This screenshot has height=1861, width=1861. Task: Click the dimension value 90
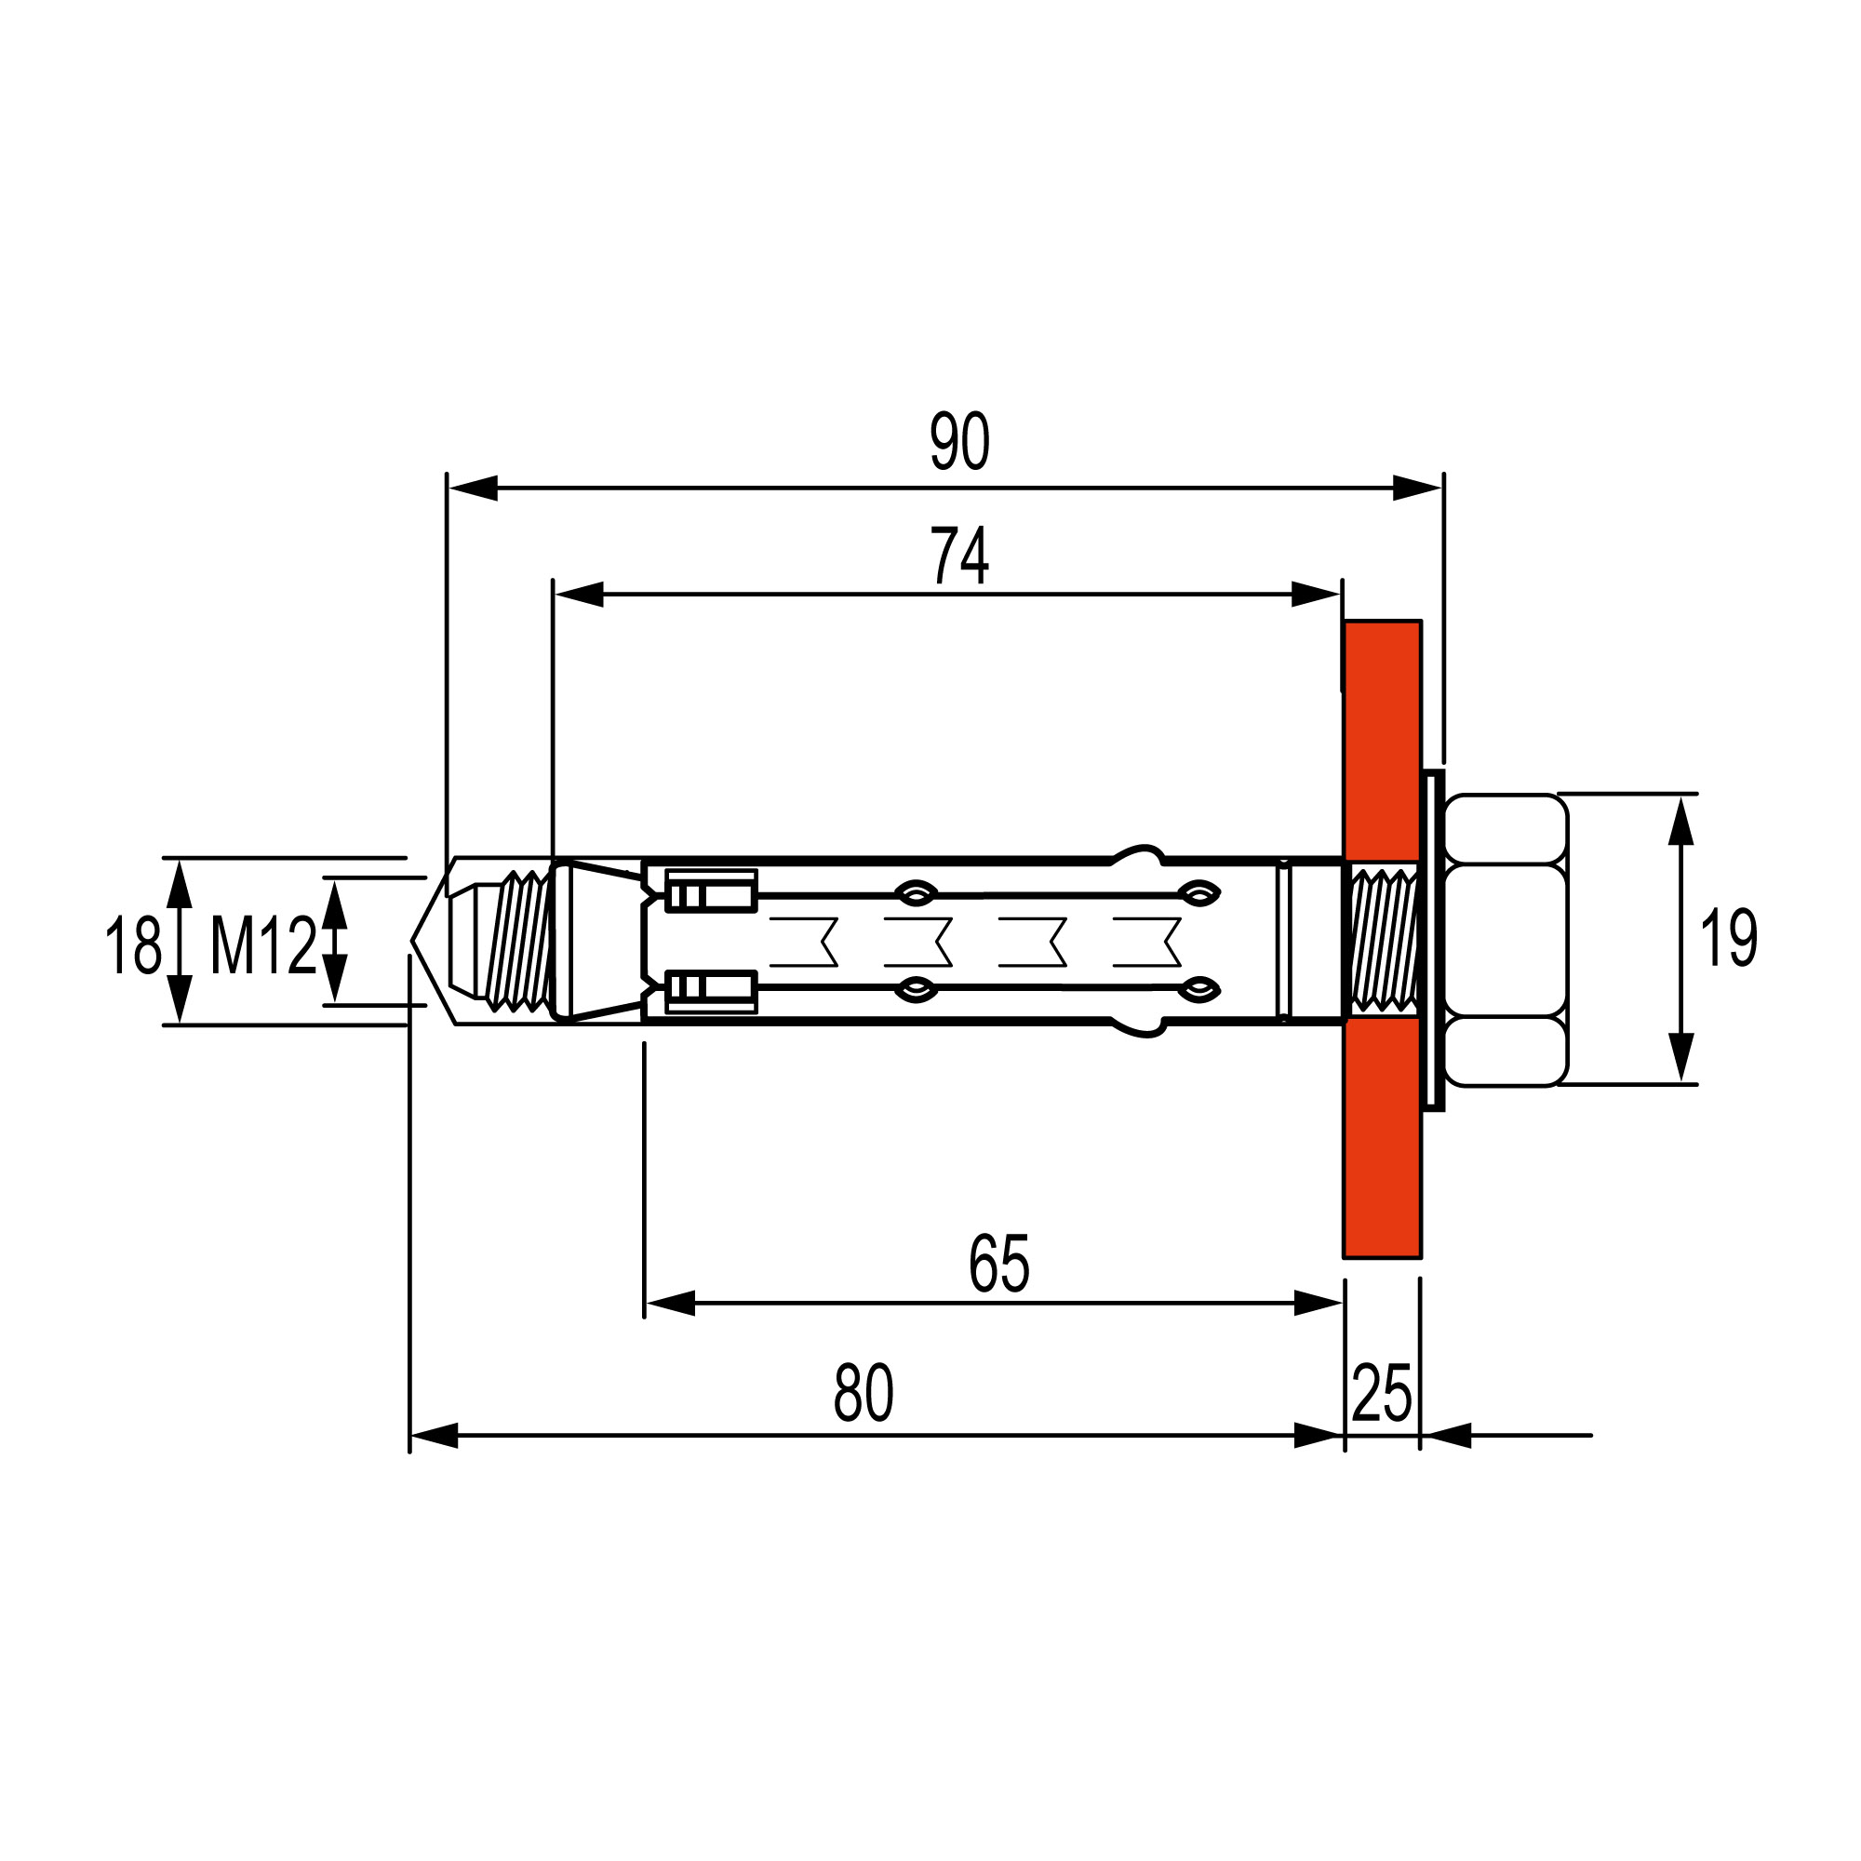[x=959, y=441]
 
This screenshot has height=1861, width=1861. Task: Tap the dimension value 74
[x=959, y=555]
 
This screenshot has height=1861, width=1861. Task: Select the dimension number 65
[x=998, y=1264]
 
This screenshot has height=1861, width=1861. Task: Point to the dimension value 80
[x=864, y=1393]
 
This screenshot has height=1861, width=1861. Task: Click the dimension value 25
[x=1381, y=1393]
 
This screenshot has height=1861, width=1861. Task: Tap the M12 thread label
[x=263, y=945]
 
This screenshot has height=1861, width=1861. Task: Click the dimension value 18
[x=133, y=945]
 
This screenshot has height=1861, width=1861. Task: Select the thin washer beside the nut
[x=1432, y=940]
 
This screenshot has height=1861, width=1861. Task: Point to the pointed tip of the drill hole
[x=412, y=940]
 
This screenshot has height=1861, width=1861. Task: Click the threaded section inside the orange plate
[x=1383, y=940]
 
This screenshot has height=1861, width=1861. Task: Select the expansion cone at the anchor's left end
[x=596, y=940]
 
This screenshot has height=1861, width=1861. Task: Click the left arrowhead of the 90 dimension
[x=472, y=488]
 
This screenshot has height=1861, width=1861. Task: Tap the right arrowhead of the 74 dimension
[x=1316, y=595]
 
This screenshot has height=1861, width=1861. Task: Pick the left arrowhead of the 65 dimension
[x=670, y=1304]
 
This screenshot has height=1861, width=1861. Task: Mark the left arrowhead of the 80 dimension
[x=435, y=1435]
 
